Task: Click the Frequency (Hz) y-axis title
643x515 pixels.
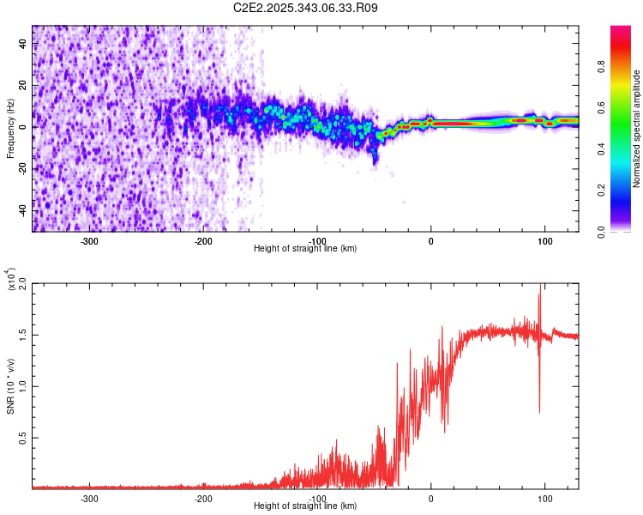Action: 10,129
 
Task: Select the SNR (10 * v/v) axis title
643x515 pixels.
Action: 10,385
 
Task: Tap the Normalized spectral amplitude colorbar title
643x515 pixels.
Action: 636,130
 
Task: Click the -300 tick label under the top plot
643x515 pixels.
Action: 90,239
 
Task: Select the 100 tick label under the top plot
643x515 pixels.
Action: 544,239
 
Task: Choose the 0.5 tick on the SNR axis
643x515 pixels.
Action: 22,437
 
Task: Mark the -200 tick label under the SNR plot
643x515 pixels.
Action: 203,497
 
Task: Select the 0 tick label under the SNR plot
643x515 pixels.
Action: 431,497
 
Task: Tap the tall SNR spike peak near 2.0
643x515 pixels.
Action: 540,286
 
